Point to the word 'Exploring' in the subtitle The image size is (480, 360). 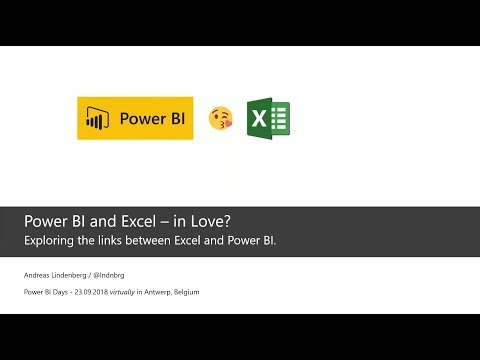coord(51,240)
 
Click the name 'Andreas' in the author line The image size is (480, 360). coord(41,273)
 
